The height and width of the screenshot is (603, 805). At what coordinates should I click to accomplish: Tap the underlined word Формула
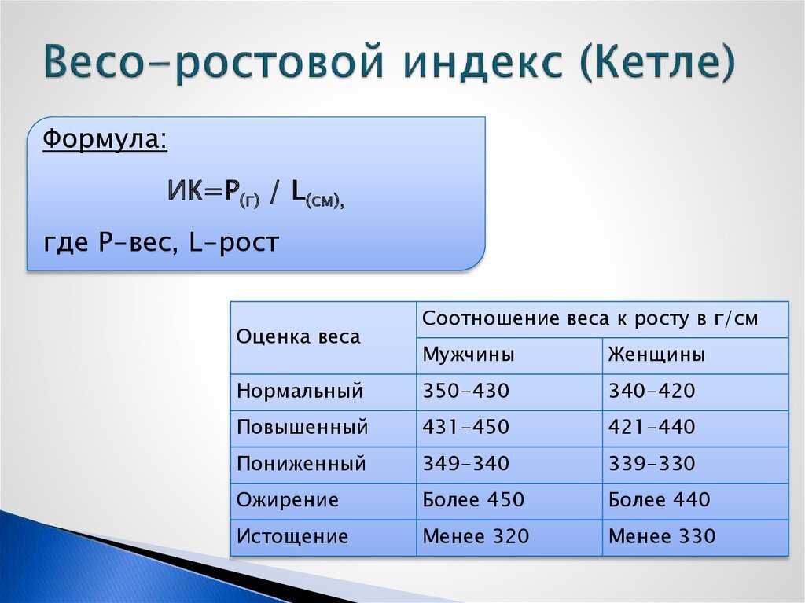pyautogui.click(x=105, y=139)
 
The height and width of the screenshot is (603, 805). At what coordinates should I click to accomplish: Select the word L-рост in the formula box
pyautogui.click(x=234, y=242)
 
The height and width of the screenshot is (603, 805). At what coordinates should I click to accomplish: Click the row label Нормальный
pyautogui.click(x=300, y=391)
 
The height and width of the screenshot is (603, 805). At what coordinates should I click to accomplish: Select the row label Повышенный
pyautogui.click(x=303, y=428)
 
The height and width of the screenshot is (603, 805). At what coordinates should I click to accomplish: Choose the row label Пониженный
pyautogui.click(x=301, y=464)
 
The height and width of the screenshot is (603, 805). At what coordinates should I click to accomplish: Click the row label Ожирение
pyautogui.click(x=288, y=500)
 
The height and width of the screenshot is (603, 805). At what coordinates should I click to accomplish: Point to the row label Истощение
pyautogui.click(x=292, y=536)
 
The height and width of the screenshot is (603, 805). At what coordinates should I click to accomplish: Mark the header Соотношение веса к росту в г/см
pyautogui.click(x=590, y=319)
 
